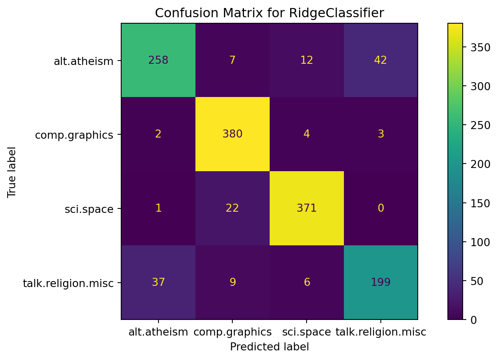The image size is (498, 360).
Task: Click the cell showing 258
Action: coord(158,60)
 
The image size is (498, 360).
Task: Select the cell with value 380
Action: coord(232,134)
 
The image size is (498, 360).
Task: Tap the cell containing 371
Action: coord(307,208)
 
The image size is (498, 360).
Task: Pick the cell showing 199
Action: coord(380,282)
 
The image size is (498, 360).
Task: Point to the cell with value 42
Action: coord(380,60)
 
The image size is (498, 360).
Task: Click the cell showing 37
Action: coord(158,282)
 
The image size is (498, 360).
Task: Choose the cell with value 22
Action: coord(232,208)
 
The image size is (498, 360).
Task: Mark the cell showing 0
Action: coord(380,208)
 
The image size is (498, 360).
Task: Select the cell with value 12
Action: coord(307,60)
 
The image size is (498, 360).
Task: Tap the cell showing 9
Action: coord(232,282)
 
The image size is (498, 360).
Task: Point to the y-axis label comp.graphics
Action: coord(74,135)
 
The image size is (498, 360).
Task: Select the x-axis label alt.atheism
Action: coord(158,332)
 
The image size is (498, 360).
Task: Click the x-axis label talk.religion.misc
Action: coord(380,332)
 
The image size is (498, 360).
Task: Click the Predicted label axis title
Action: coord(269,347)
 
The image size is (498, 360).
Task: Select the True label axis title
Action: coord(12,172)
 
